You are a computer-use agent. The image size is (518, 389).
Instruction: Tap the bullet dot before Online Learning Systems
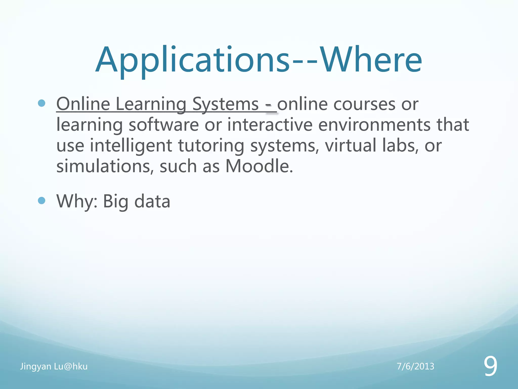[41, 103]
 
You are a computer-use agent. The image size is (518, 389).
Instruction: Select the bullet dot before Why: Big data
[41, 201]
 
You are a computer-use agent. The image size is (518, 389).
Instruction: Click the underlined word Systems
[225, 104]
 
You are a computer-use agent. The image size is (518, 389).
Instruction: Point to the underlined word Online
[83, 104]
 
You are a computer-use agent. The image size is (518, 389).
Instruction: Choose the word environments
[374, 125]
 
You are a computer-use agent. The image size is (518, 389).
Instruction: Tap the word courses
[364, 104]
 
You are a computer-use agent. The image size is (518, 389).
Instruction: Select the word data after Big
[152, 201]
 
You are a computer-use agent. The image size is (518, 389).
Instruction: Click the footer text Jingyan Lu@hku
[54, 366]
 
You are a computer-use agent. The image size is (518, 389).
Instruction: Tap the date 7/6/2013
[415, 366]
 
